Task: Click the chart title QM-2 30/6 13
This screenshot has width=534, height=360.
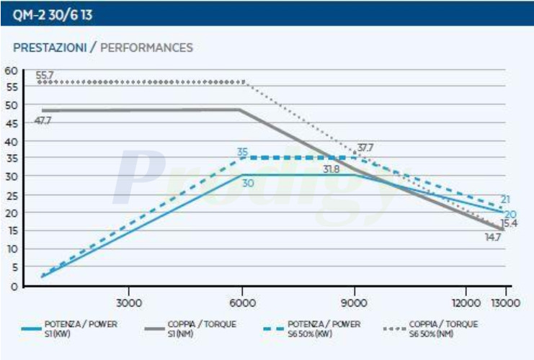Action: tap(45, 13)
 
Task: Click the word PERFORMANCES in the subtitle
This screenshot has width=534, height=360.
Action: tap(146, 48)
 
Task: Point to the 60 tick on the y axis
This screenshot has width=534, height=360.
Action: tap(10, 70)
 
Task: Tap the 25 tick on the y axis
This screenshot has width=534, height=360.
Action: tap(10, 194)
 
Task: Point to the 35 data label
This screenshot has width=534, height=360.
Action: tap(243, 151)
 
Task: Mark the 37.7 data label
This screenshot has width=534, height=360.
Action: tap(365, 148)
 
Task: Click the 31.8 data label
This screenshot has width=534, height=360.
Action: tap(331, 169)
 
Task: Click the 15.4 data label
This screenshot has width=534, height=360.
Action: tap(509, 224)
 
